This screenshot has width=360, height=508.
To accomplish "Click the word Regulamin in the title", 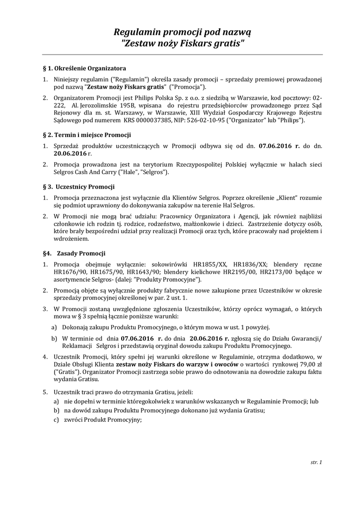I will (134, 33).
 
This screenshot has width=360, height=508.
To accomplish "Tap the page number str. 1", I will (316, 462).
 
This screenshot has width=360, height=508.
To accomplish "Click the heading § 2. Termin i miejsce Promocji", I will (87, 135).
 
